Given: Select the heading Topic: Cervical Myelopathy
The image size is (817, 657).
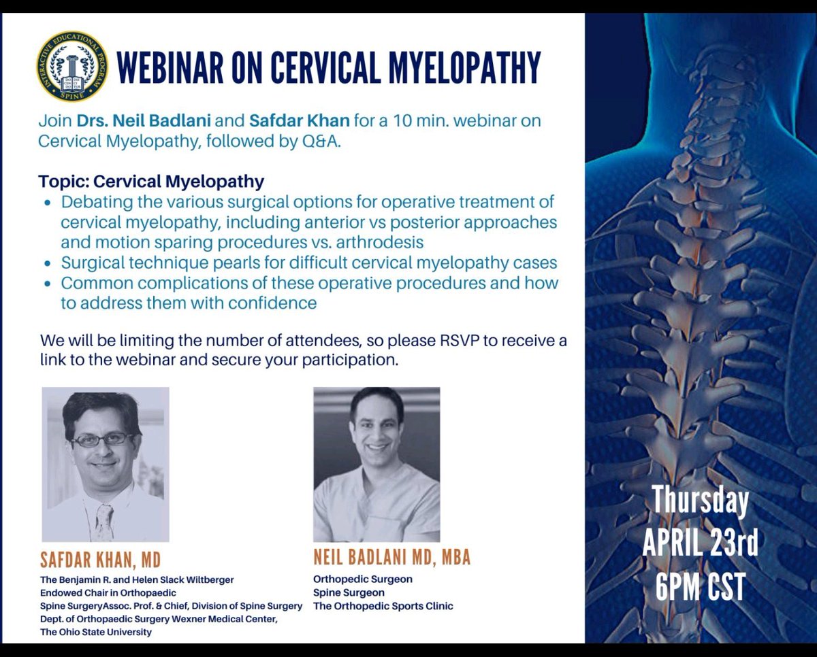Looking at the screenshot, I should [x=151, y=182].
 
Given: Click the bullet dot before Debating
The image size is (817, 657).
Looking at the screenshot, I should [x=46, y=203].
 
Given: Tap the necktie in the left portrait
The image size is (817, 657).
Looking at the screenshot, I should [x=104, y=520].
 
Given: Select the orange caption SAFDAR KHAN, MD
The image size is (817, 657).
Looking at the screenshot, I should [x=101, y=560].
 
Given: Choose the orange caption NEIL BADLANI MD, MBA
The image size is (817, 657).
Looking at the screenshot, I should [x=391, y=558].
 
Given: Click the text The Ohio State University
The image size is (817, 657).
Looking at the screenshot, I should [x=96, y=632].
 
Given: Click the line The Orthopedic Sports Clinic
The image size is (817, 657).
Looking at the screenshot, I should [x=383, y=606].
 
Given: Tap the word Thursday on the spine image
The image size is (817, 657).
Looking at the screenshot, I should [x=700, y=502].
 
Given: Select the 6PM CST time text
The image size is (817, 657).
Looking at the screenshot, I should [x=700, y=587].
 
